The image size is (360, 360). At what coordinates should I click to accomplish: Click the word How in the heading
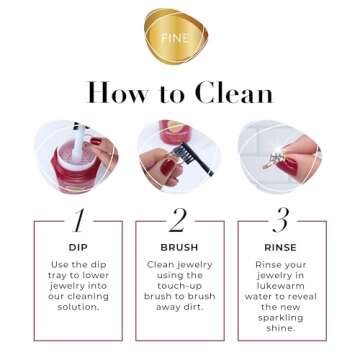click(118, 93)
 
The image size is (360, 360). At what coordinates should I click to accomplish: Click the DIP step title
click(79, 246)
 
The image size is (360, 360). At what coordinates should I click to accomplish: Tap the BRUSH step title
click(178, 246)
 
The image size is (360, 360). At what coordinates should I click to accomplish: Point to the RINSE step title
click(281, 246)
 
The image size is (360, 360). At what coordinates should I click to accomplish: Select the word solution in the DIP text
click(77, 307)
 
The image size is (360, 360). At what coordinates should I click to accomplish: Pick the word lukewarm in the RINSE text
click(283, 285)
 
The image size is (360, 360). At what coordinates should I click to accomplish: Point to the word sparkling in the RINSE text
click(283, 318)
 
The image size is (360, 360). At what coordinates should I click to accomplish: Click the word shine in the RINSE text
click(280, 329)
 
